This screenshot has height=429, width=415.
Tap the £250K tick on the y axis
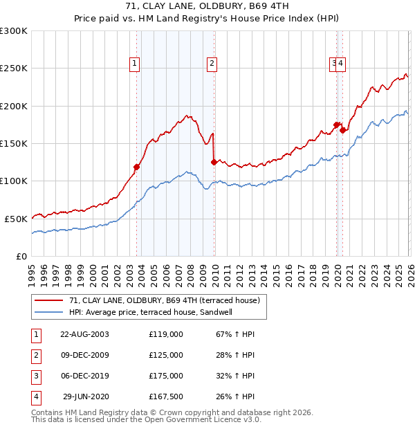click(14, 69)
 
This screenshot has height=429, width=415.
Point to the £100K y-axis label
click(14, 181)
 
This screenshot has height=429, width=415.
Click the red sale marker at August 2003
click(136, 167)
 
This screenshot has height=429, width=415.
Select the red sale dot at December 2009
click(214, 163)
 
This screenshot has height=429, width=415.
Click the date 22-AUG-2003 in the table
click(84, 334)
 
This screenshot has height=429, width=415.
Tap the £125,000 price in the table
click(166, 355)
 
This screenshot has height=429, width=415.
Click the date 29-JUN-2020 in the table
click(86, 396)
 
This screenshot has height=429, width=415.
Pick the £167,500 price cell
click(166, 396)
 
